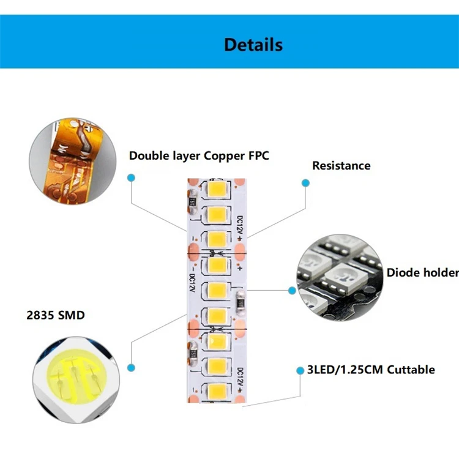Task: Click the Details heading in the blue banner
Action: [x=253, y=45]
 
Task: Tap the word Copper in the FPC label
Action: [x=224, y=155]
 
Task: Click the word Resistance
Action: [x=341, y=165]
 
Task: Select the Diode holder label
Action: [x=422, y=272]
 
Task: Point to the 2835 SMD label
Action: [x=56, y=316]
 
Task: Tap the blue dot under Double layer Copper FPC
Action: [x=131, y=177]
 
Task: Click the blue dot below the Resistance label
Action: [x=305, y=182]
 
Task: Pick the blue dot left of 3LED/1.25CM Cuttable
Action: [x=300, y=371]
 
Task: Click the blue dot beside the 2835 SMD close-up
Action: [x=130, y=367]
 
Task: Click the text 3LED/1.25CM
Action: [x=339, y=369]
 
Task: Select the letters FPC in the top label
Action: [x=257, y=155]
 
